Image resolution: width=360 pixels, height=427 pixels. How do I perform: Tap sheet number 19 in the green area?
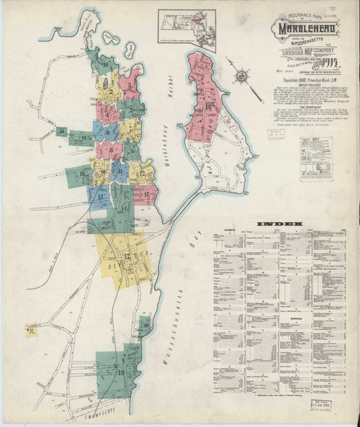pyautogui.click(x=121, y=372)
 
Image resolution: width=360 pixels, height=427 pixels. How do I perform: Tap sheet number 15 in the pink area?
pyautogui.click(x=145, y=194)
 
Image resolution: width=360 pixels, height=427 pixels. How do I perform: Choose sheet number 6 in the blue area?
pyautogui.click(x=109, y=132)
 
